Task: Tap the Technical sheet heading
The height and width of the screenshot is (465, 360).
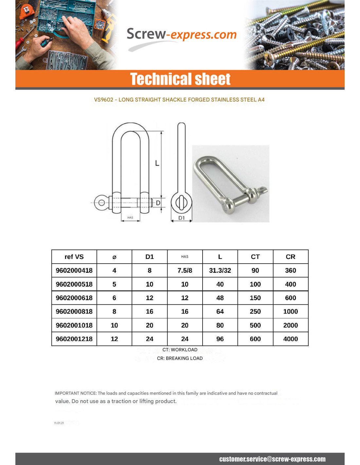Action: point(180,79)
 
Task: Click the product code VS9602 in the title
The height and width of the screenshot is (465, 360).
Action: point(103,100)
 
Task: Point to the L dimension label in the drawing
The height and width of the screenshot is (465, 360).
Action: point(157,163)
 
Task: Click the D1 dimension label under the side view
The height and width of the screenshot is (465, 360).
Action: point(181,218)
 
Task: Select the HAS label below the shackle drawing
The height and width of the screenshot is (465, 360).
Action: point(130,217)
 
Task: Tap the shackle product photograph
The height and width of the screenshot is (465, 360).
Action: point(230,184)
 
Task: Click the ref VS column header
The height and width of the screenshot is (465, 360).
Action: point(74,257)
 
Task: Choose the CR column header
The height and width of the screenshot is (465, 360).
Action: point(290,257)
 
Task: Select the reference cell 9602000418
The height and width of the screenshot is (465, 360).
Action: point(74,270)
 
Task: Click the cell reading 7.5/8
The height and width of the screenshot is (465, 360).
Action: point(185,270)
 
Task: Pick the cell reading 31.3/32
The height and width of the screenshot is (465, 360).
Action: point(220,270)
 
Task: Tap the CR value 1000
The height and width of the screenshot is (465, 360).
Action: point(290,312)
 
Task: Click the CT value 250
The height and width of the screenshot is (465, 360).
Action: point(255,312)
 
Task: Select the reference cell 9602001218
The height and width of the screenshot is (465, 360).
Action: point(74,339)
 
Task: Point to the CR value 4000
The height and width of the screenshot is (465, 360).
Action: point(290,339)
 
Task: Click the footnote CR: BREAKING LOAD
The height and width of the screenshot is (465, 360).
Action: point(180,358)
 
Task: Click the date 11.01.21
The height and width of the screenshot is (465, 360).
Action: point(59,423)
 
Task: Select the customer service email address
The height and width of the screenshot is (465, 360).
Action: point(272,459)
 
